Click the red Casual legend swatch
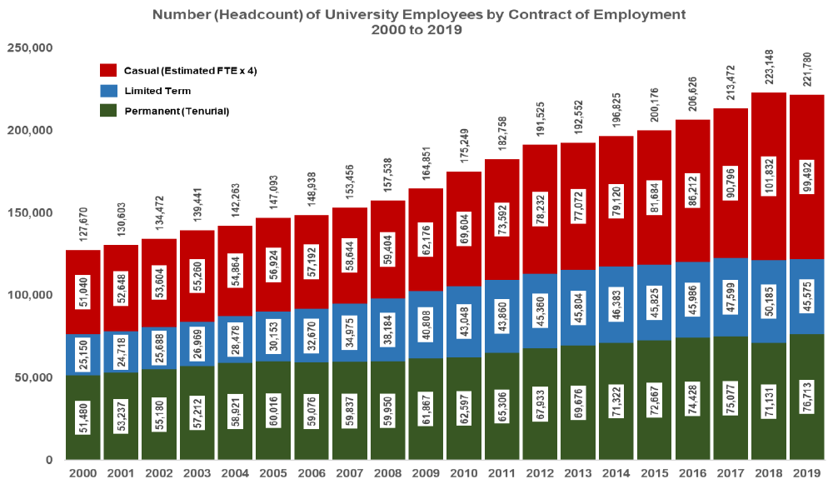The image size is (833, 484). coord(107,71)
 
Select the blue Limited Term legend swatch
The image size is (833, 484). coord(107,91)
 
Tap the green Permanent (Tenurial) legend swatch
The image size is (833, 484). coord(107,111)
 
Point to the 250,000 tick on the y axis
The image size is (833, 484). coord(30,48)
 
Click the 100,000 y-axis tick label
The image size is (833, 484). coord(30,295)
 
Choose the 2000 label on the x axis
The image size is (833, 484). coord(82,472)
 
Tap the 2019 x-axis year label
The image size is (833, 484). coord(806,472)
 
